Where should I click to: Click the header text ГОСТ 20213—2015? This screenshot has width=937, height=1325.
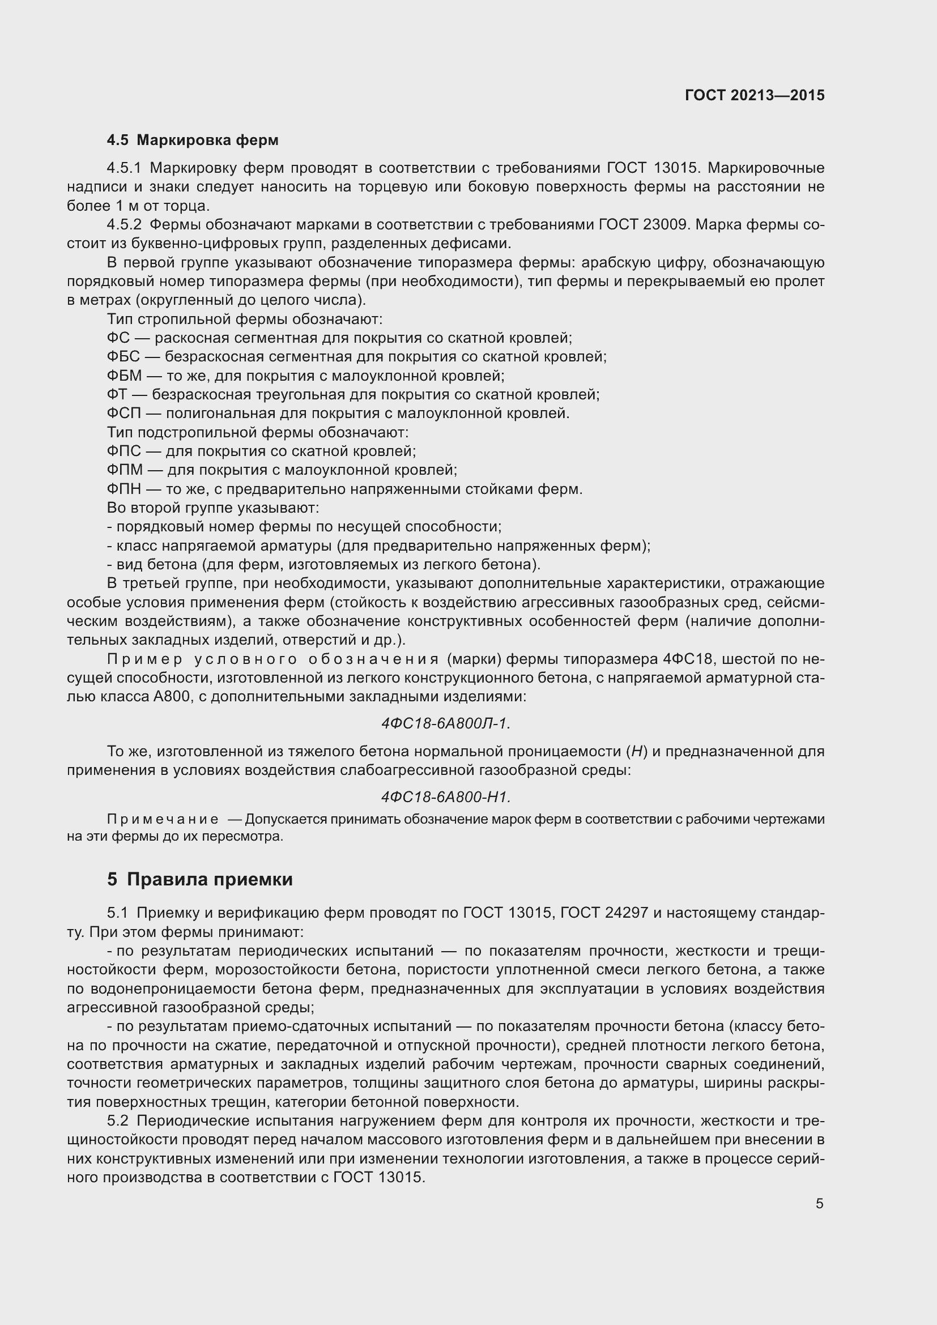point(755,95)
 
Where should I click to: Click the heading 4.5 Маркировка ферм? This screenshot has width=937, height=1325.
point(193,140)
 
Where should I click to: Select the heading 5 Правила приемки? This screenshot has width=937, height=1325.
point(199,879)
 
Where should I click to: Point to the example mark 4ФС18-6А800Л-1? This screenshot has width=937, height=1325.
point(445,723)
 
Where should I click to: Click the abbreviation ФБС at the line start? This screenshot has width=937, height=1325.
point(123,357)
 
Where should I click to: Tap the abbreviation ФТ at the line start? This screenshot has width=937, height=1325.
point(117,395)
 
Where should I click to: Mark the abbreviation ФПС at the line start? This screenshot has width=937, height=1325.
point(123,451)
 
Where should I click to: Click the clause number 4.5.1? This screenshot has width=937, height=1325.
point(124,168)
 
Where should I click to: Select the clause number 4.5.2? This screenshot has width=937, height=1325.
point(124,224)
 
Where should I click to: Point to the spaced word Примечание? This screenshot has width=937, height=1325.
point(163,820)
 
